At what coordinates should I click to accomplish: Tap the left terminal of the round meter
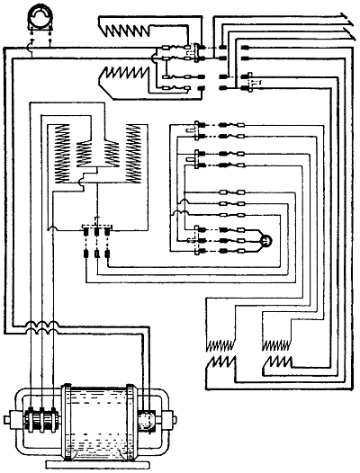(x=32, y=40)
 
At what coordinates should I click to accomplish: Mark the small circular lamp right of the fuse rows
(x=265, y=240)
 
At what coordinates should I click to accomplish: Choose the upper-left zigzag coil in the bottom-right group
(x=219, y=343)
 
